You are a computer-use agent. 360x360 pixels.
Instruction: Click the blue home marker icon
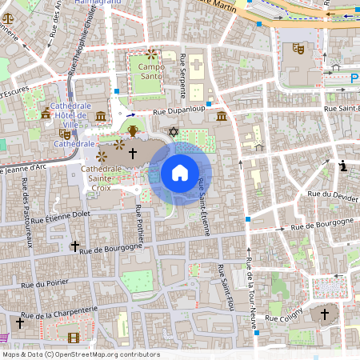click(x=180, y=172)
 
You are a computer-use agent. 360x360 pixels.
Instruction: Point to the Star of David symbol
click(x=171, y=131)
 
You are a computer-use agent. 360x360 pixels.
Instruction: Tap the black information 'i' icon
click(x=344, y=166)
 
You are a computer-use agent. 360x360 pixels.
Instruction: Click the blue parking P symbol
click(x=354, y=78)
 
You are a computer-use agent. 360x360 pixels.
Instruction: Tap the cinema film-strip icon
click(x=74, y=338)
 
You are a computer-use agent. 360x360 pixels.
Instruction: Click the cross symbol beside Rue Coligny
click(x=325, y=314)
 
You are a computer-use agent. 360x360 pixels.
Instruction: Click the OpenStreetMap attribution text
click(x=82, y=354)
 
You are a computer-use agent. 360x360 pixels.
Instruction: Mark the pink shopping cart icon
click(x=2, y=338)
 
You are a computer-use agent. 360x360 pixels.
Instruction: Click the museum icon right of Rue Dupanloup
click(x=221, y=118)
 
